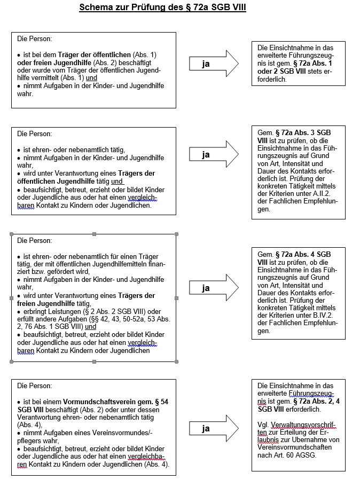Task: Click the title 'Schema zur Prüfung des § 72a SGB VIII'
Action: point(162,8)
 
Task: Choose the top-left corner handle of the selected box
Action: point(12,234)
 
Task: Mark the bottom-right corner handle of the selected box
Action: point(176,361)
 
